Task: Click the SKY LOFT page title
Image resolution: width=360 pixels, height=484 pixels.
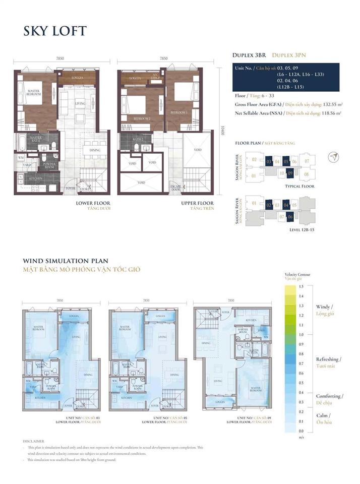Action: (x=55, y=31)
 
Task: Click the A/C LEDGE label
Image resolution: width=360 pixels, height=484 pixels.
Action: (x=156, y=76)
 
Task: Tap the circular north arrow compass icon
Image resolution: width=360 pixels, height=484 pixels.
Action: (x=333, y=157)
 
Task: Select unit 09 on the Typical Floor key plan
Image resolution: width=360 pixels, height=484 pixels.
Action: (x=290, y=173)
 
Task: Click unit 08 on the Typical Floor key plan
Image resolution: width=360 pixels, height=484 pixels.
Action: (x=307, y=174)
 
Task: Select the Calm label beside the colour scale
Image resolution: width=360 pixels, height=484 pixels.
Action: (x=323, y=415)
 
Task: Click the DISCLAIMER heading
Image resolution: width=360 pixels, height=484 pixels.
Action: (x=34, y=440)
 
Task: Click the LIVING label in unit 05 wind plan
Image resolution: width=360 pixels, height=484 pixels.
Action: (x=162, y=337)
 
